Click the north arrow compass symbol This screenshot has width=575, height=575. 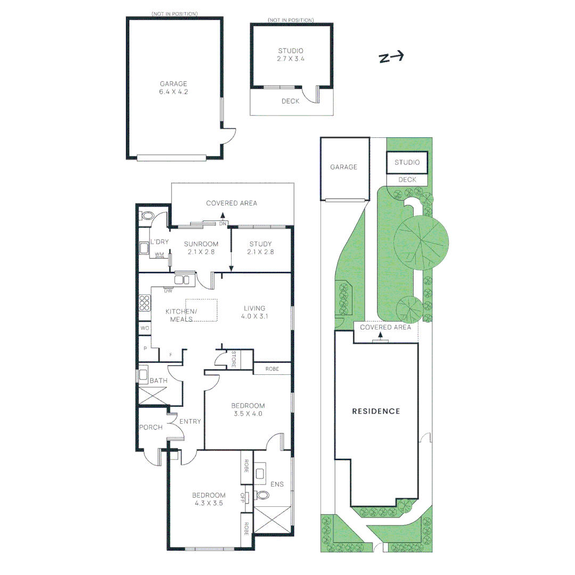coord(391,57)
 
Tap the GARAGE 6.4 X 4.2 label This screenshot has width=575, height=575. coord(174,88)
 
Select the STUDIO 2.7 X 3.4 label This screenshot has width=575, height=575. coord(291,55)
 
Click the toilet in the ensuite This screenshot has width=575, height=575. coord(262,495)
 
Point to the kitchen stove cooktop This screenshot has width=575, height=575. coord(144,302)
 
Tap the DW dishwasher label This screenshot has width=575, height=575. coord(168,291)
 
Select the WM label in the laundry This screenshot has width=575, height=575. coord(159,255)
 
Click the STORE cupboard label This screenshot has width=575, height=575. coord(233,359)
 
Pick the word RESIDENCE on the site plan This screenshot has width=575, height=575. coord(376,411)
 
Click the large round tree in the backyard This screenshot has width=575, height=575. coord(420,243)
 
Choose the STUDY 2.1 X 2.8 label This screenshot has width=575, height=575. coord(260,248)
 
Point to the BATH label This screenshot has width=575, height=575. coord(158,381)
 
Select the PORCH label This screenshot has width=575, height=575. coord(151,427)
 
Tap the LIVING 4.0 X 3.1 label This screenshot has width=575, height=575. coord(254,312)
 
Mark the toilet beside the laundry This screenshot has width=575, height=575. coord(146,216)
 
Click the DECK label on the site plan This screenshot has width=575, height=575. coord(407,180)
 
